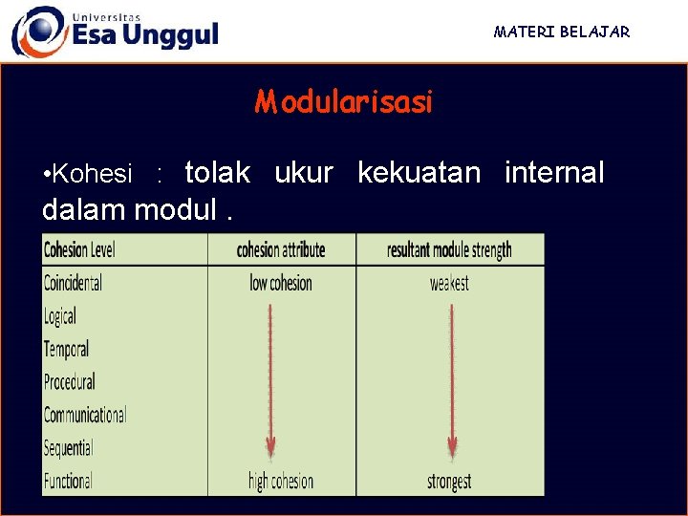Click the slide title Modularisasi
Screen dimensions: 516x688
tap(343, 101)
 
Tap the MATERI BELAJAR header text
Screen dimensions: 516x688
tap(562, 32)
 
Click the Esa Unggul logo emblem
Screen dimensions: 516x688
tap(38, 31)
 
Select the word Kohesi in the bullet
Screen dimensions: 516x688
tap(93, 174)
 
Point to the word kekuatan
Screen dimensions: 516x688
tap(419, 173)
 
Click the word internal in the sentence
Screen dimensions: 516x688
tap(554, 173)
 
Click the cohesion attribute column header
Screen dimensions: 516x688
tap(281, 250)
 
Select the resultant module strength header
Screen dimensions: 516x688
tap(449, 250)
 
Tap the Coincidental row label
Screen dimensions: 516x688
tap(73, 283)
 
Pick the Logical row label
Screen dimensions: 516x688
tap(59, 316)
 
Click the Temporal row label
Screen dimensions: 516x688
tap(66, 349)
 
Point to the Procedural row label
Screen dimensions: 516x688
tap(70, 381)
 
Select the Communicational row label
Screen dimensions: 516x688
tap(85, 415)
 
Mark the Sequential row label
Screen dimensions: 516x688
tap(68, 447)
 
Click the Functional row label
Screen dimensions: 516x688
tap(68, 480)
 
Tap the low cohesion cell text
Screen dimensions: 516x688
tap(281, 283)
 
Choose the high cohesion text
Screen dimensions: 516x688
tap(280, 481)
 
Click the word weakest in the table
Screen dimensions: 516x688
tap(449, 284)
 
